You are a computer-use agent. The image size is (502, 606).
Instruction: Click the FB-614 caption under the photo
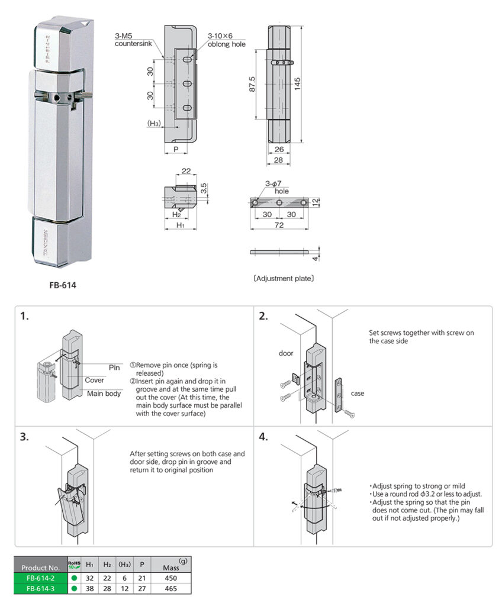pos(63,285)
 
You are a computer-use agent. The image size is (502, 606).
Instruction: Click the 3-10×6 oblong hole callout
pos(226,40)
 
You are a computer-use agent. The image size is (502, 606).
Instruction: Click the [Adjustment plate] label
pos(284,278)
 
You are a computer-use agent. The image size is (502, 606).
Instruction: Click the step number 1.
pos(24,316)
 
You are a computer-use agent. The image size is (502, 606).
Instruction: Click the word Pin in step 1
pos(114,367)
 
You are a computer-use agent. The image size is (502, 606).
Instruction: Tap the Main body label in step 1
pos(104,394)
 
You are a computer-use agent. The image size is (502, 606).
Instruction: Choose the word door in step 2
pos(286,353)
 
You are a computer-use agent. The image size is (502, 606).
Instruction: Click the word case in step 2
pos(358,393)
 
